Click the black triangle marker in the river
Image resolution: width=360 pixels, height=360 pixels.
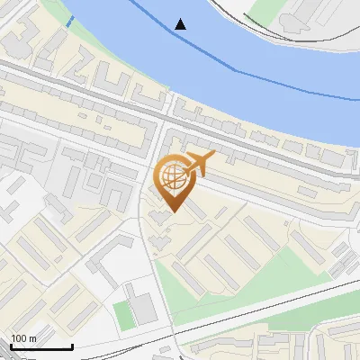coord(181,24)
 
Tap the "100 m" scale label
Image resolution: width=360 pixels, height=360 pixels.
coord(23,338)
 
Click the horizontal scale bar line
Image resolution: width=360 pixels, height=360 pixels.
coord(41,346)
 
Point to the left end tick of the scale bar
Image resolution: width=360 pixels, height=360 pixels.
coord(11,345)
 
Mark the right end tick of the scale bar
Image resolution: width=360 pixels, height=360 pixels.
coord(72,345)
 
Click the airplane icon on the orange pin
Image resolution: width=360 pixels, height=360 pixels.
coord(199,163)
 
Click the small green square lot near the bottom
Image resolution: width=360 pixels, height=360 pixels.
coord(122,314)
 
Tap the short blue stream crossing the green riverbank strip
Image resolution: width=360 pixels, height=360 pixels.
coord(69,20)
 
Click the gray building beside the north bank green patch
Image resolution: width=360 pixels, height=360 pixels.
coord(301,20)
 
